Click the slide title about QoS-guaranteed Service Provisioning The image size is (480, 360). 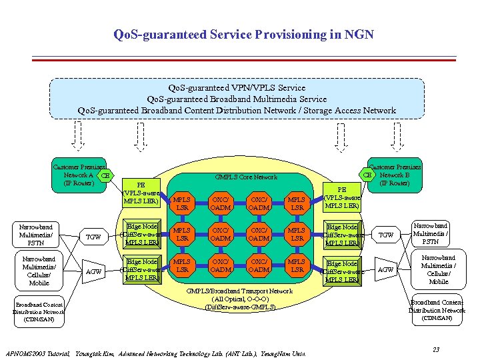(243, 34)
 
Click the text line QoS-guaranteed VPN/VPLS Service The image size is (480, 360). (237, 87)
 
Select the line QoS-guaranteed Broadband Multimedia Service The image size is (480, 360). (237, 99)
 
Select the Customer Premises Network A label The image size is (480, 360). (78, 175)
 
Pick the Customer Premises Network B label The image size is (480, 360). (396, 175)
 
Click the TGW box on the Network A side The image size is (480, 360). (94, 237)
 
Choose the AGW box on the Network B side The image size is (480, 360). (386, 269)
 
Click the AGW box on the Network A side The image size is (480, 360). (94, 271)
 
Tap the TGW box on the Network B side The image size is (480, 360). (386, 235)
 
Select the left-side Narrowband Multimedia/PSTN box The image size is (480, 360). (36, 235)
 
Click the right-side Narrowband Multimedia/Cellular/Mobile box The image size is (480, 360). (439, 269)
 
